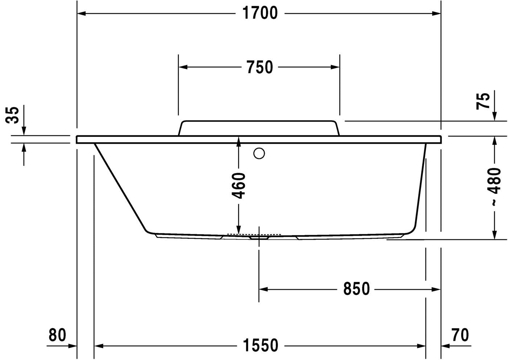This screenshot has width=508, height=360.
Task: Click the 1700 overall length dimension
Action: [260, 13]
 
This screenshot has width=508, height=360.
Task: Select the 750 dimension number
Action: [260, 67]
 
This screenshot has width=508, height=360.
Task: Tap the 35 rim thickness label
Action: [12, 115]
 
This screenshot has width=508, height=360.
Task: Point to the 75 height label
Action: [483, 101]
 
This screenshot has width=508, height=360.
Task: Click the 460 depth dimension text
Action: [238, 186]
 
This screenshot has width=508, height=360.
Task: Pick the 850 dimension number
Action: [356, 289]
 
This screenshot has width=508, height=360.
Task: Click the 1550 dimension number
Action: [260, 345]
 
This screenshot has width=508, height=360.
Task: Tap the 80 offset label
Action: [57, 335]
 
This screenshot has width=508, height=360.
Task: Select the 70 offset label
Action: [460, 335]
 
